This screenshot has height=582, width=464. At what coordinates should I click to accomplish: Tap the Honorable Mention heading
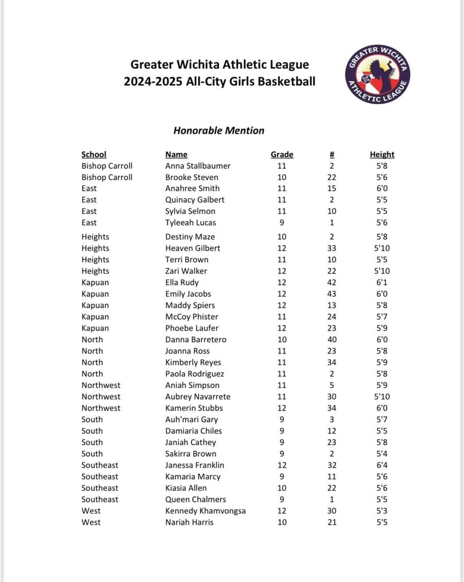(219, 130)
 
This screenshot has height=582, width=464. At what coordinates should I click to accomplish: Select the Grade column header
(282, 155)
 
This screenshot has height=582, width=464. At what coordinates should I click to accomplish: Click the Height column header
(382, 155)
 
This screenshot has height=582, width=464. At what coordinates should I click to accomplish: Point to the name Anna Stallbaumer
(198, 166)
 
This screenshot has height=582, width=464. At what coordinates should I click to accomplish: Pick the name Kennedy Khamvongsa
(206, 511)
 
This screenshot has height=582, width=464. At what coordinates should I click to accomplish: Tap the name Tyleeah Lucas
(191, 223)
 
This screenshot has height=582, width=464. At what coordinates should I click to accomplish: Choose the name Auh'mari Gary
(192, 420)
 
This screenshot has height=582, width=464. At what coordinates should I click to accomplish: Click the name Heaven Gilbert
(192, 248)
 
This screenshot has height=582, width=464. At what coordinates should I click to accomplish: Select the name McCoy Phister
(192, 317)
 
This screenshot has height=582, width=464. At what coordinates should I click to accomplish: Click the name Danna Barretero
(196, 339)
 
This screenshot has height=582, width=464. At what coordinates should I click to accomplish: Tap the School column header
(94, 155)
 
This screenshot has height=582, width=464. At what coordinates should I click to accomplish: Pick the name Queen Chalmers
(195, 499)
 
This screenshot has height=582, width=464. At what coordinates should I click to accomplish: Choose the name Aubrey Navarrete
(198, 397)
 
